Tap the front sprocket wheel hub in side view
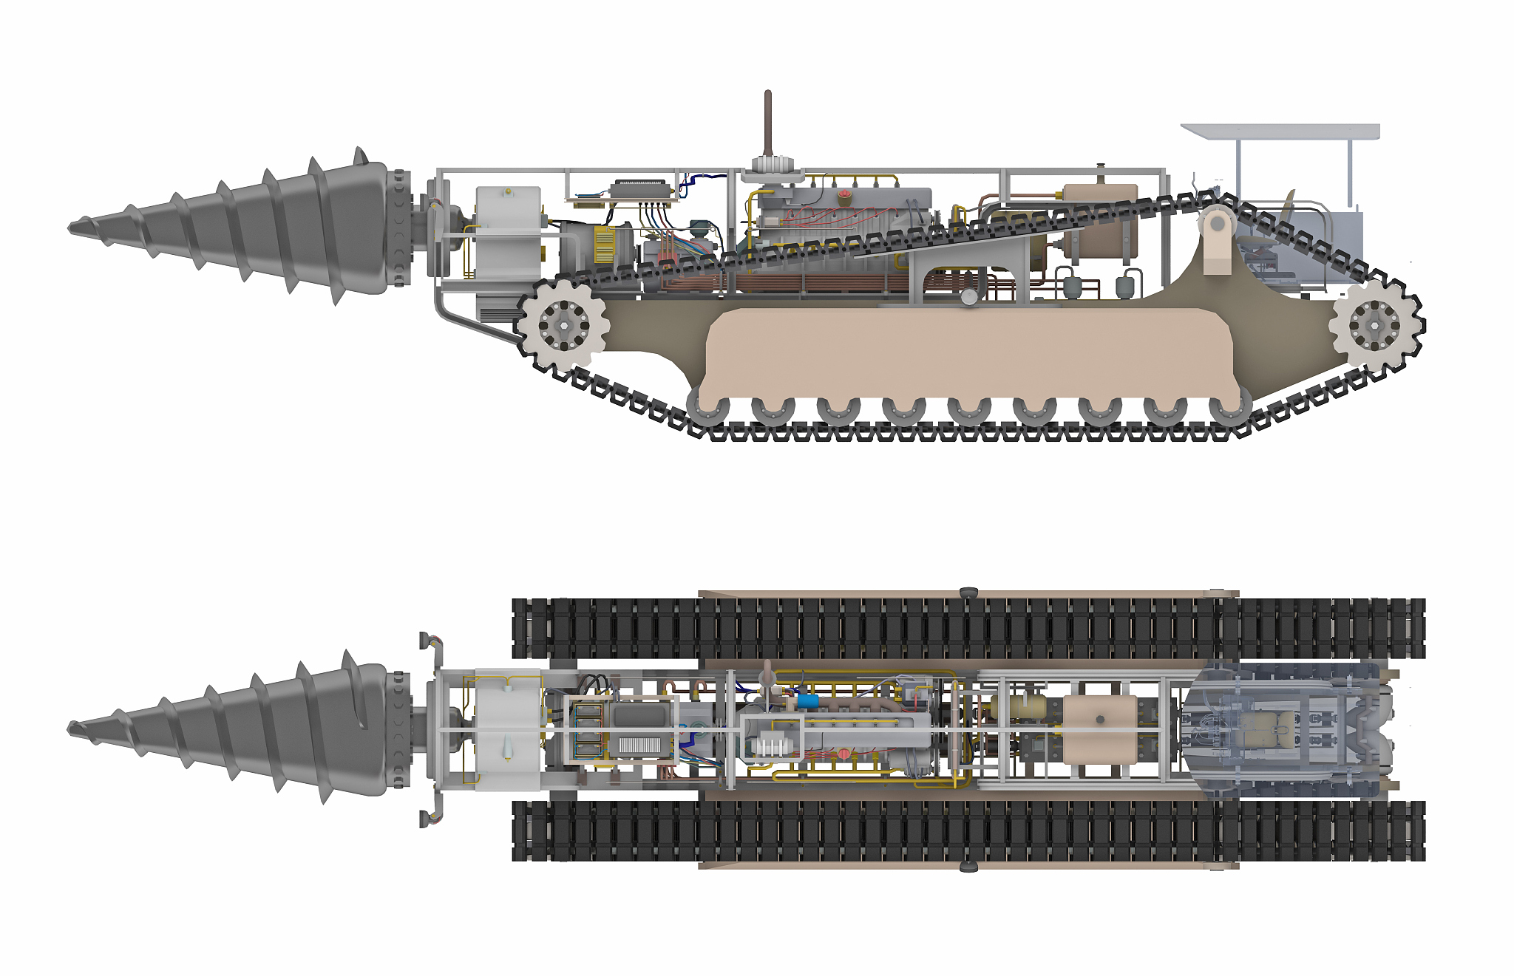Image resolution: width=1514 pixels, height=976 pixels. [x=563, y=324]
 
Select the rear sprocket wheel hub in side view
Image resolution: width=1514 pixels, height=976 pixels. [x=1374, y=325]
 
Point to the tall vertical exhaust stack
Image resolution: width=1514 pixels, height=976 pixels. [x=767, y=126]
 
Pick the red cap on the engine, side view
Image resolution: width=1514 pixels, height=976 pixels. [x=845, y=196]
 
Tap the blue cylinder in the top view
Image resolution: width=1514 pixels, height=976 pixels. [x=807, y=700]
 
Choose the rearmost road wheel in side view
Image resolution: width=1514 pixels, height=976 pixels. [x=1229, y=409]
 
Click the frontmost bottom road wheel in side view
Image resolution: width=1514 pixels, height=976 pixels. [x=708, y=409]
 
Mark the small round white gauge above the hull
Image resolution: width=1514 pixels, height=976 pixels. [x=969, y=296]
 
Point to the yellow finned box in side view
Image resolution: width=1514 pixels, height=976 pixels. [x=605, y=245]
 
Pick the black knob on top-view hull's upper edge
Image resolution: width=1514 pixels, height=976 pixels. [x=968, y=593]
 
